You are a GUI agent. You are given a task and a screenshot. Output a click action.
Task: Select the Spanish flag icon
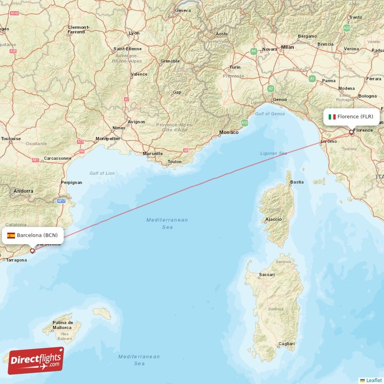(11, 235)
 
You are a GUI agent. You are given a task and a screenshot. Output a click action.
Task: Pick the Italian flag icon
(332, 117)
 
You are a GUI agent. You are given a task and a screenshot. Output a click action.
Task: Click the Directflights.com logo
(36, 360)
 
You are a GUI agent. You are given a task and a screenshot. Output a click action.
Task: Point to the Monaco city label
(228, 132)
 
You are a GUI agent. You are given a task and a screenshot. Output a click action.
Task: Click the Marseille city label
(153, 154)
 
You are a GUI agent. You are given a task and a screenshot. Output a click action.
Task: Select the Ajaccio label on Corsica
(273, 220)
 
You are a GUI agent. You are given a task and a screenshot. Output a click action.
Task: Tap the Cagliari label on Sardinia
(286, 344)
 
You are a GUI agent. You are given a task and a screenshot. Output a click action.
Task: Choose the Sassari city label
(266, 275)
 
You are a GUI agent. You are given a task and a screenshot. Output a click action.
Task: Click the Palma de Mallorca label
(63, 325)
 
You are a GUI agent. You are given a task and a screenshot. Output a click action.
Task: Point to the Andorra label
(24, 191)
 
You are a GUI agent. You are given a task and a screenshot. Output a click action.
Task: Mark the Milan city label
(288, 47)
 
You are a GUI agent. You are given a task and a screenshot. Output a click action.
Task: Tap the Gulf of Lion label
(102, 173)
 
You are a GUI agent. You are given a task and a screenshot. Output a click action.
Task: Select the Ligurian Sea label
(273, 153)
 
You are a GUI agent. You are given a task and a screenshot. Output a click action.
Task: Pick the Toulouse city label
(11, 139)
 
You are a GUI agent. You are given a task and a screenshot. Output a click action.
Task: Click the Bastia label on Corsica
(297, 182)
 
